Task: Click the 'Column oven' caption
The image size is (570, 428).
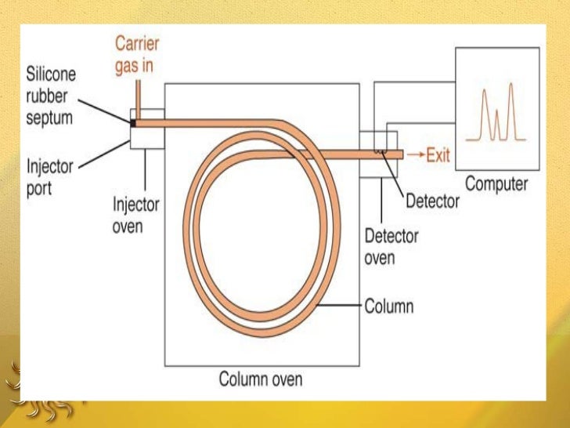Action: (x=261, y=380)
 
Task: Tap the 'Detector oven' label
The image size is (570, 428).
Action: (x=391, y=246)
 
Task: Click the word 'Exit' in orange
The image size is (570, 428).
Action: (x=438, y=156)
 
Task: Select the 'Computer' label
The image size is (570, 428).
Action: (x=496, y=185)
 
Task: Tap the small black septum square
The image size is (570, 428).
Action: (x=133, y=122)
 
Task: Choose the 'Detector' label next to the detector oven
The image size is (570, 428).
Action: (x=432, y=201)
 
